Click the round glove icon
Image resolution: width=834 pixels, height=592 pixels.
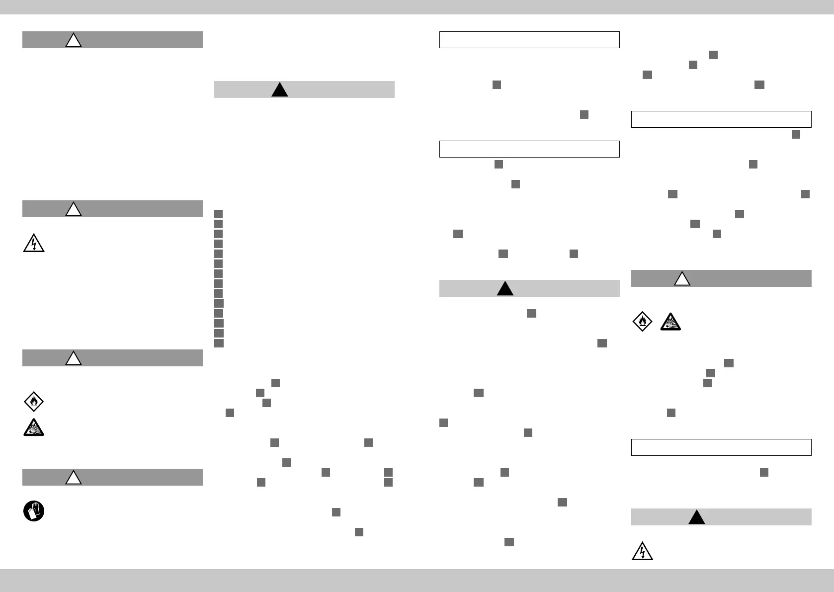[x=34, y=511]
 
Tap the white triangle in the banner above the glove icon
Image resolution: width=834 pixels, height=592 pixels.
[x=74, y=477]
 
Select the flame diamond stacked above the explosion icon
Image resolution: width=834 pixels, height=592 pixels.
[x=34, y=402]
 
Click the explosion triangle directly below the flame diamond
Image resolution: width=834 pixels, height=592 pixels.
[x=34, y=427]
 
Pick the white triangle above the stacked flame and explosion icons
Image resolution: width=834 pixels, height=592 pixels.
[x=74, y=358]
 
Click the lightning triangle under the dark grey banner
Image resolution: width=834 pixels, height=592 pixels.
[x=34, y=244]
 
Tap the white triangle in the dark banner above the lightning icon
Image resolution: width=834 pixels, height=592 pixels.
[x=74, y=209]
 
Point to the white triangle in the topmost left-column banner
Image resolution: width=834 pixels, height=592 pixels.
[x=74, y=40]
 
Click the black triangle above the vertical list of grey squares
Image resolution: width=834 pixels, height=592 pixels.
[x=280, y=90]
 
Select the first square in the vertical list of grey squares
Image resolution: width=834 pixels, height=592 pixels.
[x=219, y=214]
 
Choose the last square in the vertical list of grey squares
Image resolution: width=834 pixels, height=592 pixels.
[x=219, y=343]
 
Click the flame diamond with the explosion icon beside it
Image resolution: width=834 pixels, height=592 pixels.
[x=642, y=322]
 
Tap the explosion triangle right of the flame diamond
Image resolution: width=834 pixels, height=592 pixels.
[x=671, y=322]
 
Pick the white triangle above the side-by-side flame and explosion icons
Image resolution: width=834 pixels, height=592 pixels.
[x=682, y=279]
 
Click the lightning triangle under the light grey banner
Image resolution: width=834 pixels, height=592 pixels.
[x=642, y=551]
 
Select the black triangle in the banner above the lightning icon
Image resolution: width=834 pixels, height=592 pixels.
[x=697, y=517]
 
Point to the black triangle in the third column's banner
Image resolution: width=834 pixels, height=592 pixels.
[x=505, y=289]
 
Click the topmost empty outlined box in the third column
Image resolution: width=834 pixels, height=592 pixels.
[x=529, y=40]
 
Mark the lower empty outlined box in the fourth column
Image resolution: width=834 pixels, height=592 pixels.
[x=721, y=447]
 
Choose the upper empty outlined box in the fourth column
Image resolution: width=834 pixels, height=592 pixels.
[x=721, y=119]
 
